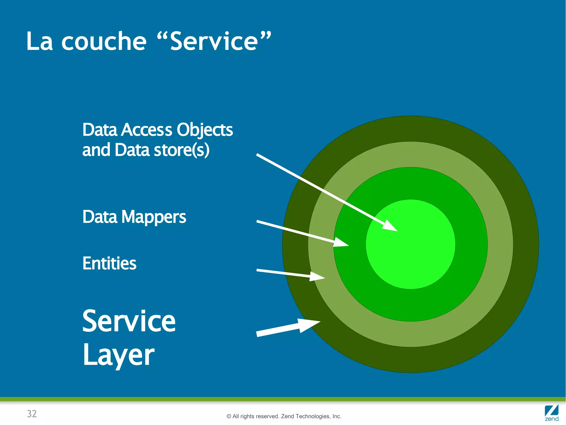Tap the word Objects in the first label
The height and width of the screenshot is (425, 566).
[x=205, y=130]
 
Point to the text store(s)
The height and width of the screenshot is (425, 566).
[x=182, y=150]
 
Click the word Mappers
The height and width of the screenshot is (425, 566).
[x=154, y=217]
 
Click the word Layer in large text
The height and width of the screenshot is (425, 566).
[x=119, y=355]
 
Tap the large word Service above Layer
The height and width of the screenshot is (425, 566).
[x=129, y=321]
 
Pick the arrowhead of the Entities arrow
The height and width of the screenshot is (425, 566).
[x=316, y=276]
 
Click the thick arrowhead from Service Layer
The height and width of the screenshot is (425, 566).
[x=308, y=324]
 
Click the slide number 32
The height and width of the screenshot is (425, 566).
[x=32, y=414]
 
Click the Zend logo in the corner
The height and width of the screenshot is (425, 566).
[x=552, y=413]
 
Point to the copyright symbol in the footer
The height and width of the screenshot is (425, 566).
[x=229, y=416]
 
